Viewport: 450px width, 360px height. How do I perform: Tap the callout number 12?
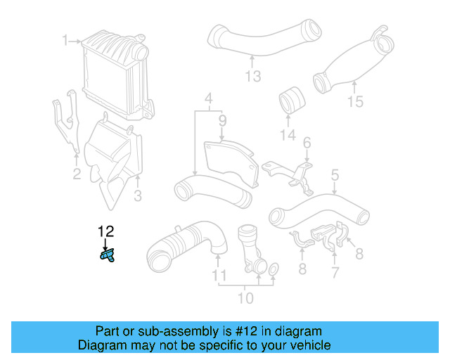point(105,231)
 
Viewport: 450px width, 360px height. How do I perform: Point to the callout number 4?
point(208,97)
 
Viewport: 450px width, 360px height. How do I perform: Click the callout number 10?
point(245,298)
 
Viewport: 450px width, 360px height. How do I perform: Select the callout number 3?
point(138,194)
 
